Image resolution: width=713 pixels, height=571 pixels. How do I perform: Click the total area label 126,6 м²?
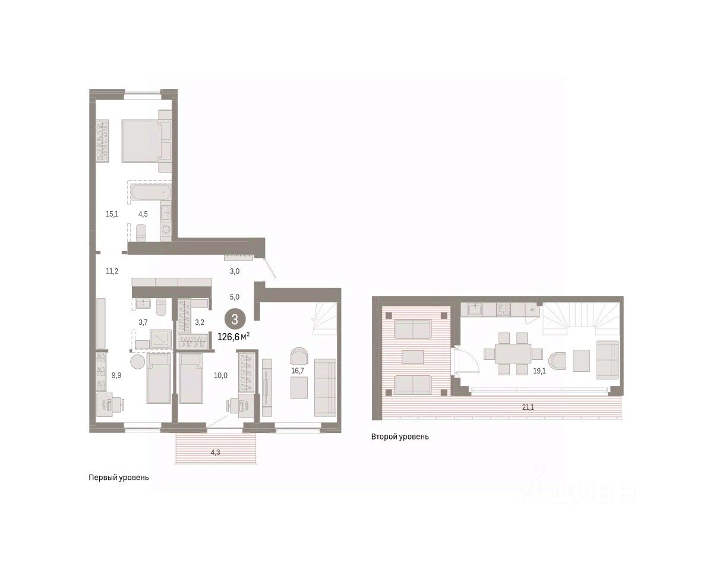tap(234, 337)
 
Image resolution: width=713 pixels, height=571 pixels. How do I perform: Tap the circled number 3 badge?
tap(235, 319)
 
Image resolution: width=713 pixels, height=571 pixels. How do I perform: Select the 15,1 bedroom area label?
tap(112, 214)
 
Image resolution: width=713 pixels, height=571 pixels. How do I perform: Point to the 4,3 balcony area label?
tap(215, 452)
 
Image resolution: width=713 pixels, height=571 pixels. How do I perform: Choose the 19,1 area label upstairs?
tap(540, 371)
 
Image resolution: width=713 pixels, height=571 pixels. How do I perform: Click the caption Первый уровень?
tap(119, 478)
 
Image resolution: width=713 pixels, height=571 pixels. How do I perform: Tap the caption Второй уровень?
tap(400, 437)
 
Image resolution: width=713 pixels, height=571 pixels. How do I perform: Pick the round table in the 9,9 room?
tap(137, 361)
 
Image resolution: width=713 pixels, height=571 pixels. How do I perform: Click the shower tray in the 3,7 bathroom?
tap(160, 339)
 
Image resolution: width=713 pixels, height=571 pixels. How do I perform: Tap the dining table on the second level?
tap(513, 354)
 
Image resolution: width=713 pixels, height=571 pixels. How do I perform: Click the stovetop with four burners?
tap(503, 309)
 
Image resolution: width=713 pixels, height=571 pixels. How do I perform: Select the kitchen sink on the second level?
tap(476, 309)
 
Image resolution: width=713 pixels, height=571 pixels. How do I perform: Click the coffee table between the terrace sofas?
tap(412, 357)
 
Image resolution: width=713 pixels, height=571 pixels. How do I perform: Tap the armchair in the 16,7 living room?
tap(299, 356)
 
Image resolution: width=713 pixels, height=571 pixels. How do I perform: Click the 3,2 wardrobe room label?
tap(200, 322)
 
